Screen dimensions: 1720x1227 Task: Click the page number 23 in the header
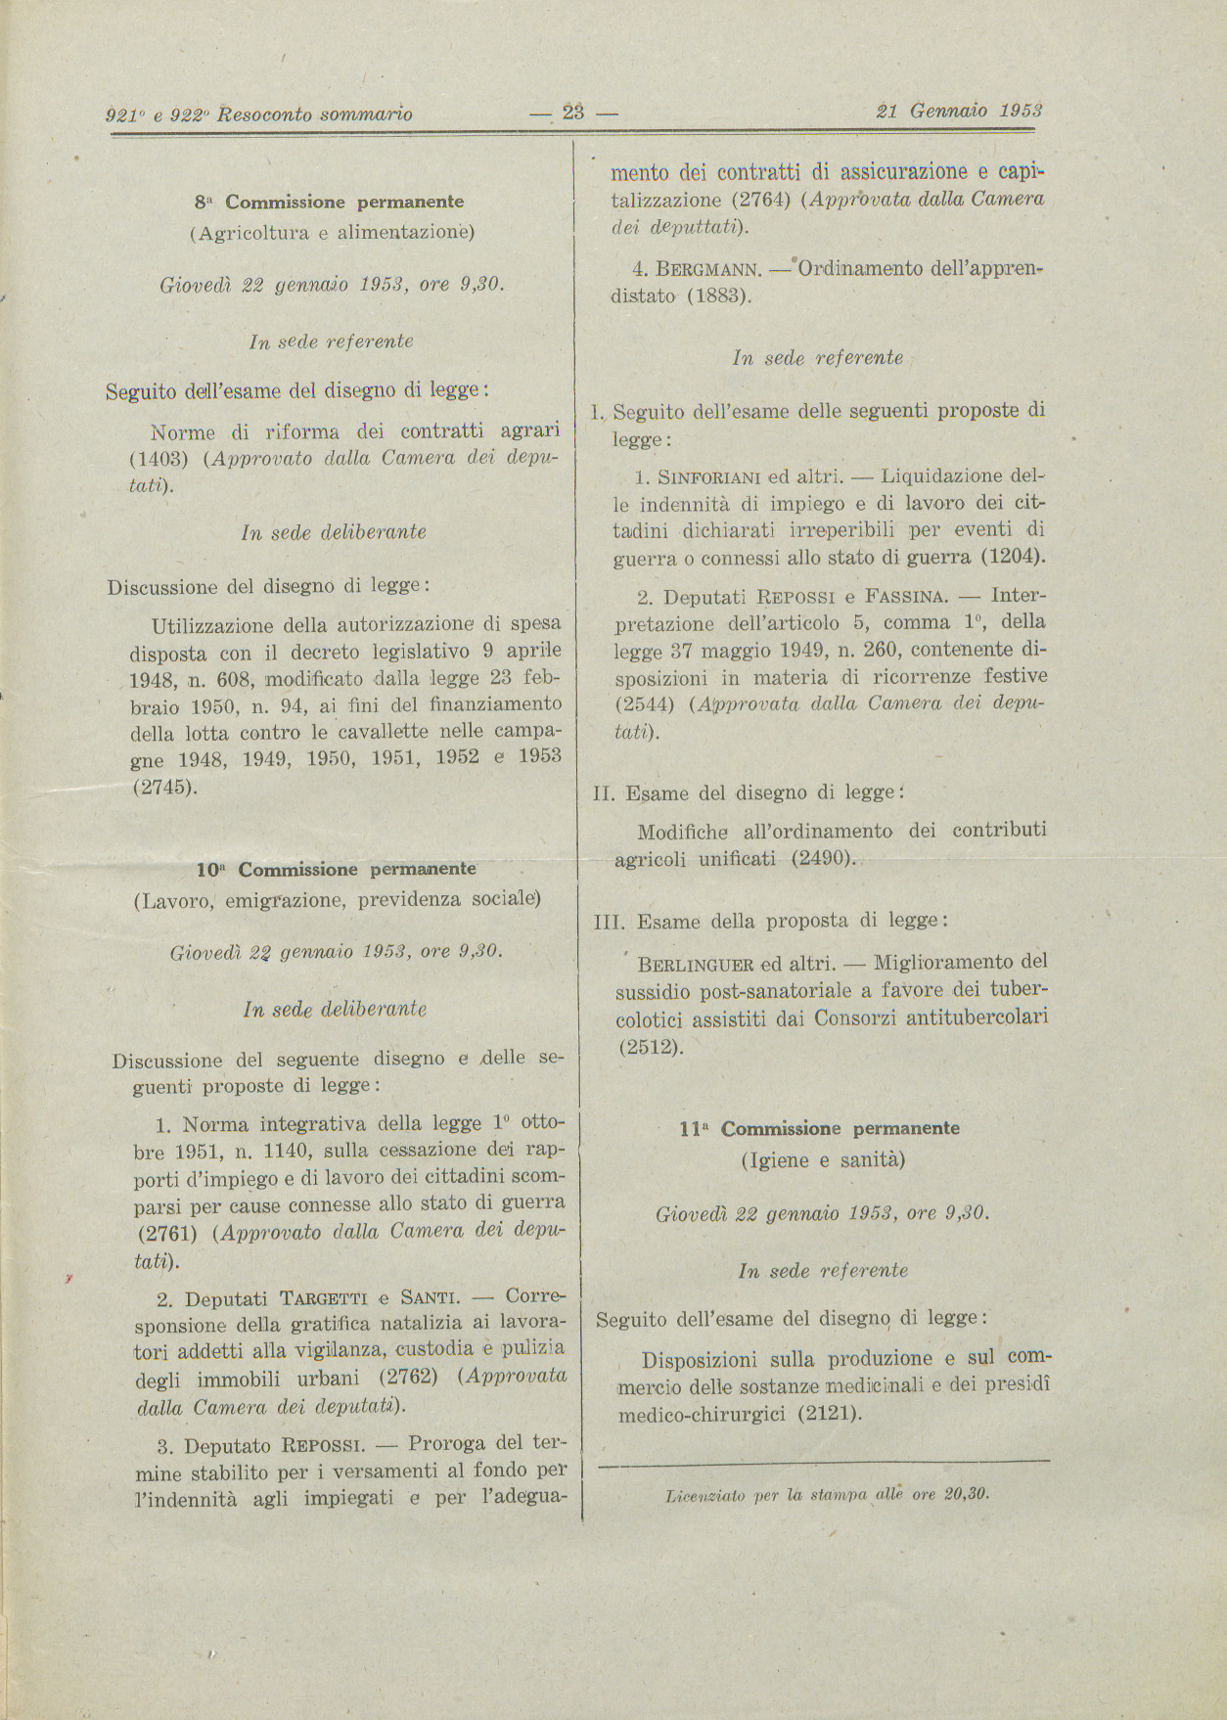click(573, 113)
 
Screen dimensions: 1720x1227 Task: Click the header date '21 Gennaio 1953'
click(959, 112)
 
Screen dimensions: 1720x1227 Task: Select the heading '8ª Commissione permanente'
click(329, 203)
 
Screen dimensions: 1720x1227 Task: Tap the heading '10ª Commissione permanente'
click(337, 869)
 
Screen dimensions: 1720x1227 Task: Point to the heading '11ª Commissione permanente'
click(819, 1128)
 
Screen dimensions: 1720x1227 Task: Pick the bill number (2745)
click(164, 786)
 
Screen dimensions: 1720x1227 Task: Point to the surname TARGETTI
click(323, 1299)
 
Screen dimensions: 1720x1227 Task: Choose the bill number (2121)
click(829, 1414)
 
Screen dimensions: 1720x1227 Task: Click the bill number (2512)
click(650, 1046)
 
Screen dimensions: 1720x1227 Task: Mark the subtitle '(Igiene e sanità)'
click(823, 1160)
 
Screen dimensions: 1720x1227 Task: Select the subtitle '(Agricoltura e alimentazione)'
click(331, 233)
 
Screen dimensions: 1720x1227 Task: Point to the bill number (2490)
click(819, 859)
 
